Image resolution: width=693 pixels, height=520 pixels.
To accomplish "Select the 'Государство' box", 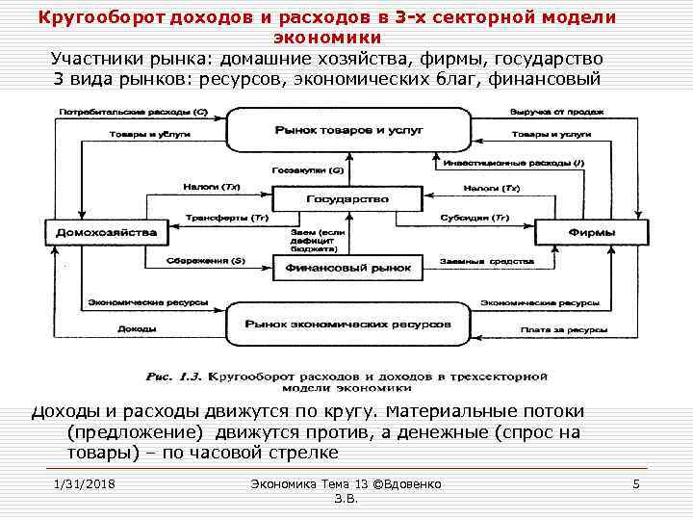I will pyautogui.click(x=346, y=198).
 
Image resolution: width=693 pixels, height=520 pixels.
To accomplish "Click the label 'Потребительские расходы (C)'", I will pyautogui.click(x=135, y=112).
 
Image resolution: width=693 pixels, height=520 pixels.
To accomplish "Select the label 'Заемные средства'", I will pyautogui.click(x=473, y=260).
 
